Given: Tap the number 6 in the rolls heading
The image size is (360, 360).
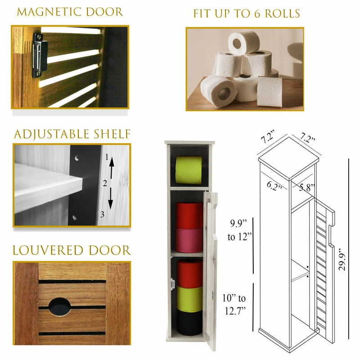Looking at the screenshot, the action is pos(257,14).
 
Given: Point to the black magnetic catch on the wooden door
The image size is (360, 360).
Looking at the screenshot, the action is pos(40,55).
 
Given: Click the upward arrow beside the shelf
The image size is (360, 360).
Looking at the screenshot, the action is pos(112,168).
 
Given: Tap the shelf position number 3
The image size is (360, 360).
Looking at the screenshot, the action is pos(102,215).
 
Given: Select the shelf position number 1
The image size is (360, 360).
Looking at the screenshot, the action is pos(107,157).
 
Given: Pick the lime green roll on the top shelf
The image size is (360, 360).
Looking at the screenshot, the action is pos(189,170).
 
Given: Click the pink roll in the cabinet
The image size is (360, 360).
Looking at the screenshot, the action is pos(189,240).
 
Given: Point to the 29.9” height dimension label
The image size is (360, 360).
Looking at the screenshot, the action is pos(342,259).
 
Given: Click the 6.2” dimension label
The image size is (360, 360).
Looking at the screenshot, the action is pos(274,186).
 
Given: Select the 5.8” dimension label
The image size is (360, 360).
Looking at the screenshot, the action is pos(307,187).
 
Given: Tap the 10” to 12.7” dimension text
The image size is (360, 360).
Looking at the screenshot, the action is pos(234,305).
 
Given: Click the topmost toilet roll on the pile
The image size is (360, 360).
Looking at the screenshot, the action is pos(244,43).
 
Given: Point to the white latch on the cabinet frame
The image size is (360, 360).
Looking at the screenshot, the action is pos(172,284).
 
